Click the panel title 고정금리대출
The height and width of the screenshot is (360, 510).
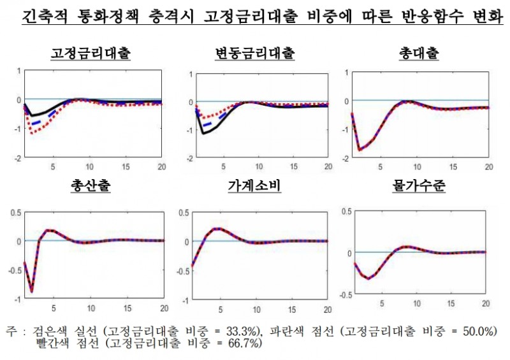[x=91, y=54]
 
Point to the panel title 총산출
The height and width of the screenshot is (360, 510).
[x=91, y=187]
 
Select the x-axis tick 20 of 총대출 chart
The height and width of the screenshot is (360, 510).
[x=489, y=168]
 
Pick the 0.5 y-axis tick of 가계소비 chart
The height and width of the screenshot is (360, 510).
[x=184, y=212]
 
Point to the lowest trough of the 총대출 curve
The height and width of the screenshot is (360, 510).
[x=360, y=150]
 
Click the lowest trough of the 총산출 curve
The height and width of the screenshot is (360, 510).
[x=31, y=291]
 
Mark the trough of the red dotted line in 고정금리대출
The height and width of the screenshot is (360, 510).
[x=31, y=133]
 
